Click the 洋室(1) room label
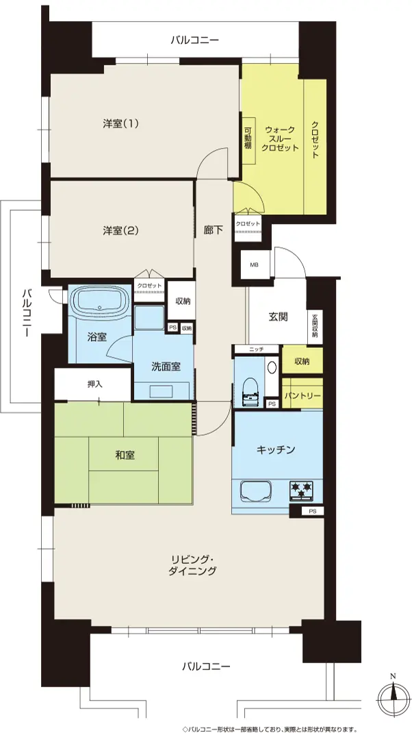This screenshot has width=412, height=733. pos(121,124)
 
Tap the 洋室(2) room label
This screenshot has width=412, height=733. pos(121,230)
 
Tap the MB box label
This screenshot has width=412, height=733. pos(254,265)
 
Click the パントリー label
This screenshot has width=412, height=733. pos(302,395)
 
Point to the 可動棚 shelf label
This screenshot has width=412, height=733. pos(248,139)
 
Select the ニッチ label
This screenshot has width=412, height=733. pos(257,349)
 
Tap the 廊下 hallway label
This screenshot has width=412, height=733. pos(214,230)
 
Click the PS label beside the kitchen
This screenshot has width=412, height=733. pos(312,512)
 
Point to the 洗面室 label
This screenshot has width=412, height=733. pos(166,367)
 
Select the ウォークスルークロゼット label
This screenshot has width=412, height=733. pos(281,139)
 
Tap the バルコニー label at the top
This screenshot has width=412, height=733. pos(194,40)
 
